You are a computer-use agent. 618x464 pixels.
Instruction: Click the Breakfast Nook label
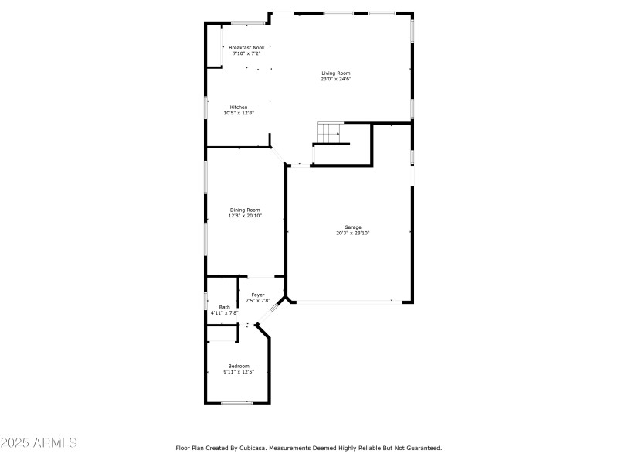click(x=246, y=48)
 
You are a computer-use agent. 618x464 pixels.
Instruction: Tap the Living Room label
click(x=336, y=73)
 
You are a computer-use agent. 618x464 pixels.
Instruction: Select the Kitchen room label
click(x=239, y=107)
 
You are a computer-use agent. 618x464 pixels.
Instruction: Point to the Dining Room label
click(x=244, y=210)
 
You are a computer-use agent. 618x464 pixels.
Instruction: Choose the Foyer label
click(x=258, y=295)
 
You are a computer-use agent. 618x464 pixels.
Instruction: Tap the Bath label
click(x=224, y=307)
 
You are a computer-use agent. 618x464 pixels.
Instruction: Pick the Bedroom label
click(x=239, y=366)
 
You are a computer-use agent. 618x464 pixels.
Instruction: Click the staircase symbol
click(x=330, y=133)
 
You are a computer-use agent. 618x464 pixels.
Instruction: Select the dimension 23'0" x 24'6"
click(x=336, y=79)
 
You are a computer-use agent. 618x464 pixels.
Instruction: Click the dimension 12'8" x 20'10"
click(x=244, y=216)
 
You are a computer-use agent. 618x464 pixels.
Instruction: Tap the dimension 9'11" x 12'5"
click(x=239, y=372)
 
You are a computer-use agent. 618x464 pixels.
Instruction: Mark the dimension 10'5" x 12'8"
click(x=239, y=113)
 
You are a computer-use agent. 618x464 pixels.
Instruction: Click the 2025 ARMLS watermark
click(x=39, y=444)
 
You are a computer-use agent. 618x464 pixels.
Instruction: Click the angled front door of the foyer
click(x=274, y=309)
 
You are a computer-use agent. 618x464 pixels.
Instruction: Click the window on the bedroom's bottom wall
click(x=236, y=403)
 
